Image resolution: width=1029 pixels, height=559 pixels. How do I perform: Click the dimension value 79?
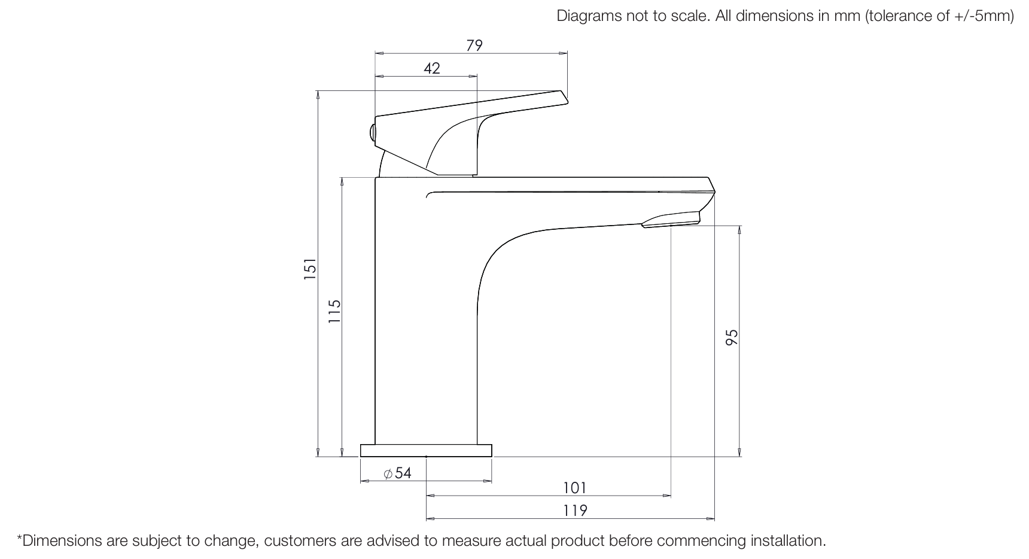tap(474, 45)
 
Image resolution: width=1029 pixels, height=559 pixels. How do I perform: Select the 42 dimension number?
tap(431, 68)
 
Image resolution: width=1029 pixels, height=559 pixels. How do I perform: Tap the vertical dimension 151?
tap(309, 269)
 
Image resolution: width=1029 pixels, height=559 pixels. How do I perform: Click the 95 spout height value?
tap(732, 337)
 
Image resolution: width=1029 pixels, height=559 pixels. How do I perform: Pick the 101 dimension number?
tap(574, 488)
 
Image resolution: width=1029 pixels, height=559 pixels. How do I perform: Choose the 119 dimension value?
tap(575, 511)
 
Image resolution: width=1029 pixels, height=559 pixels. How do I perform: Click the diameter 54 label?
tap(398, 473)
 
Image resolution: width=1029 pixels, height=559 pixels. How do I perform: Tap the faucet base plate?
tap(426, 451)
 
